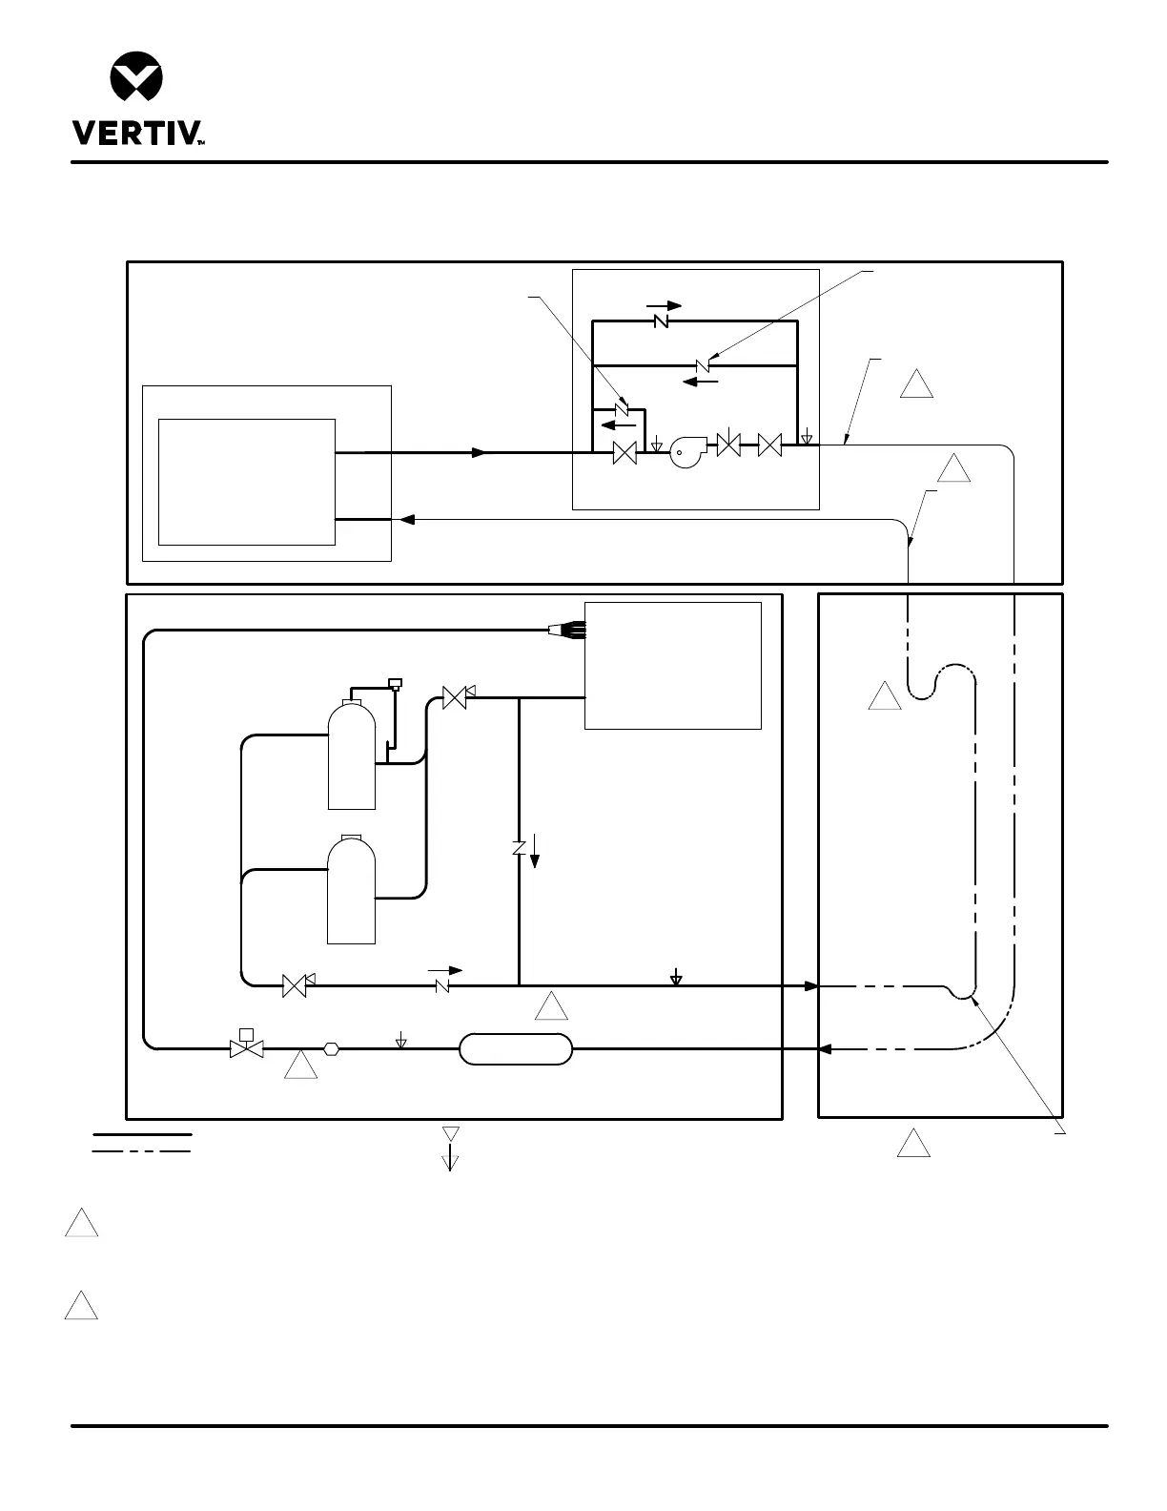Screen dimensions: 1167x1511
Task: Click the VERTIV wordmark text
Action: tap(137, 133)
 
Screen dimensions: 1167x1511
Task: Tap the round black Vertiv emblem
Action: tap(136, 76)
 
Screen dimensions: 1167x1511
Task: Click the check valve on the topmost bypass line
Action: tap(661, 321)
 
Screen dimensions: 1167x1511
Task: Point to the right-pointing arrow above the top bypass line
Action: tap(664, 305)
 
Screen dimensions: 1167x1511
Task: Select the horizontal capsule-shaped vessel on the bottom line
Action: tap(516, 1048)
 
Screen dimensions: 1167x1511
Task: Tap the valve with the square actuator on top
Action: tap(247, 1043)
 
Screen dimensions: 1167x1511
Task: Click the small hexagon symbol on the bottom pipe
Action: tap(332, 1048)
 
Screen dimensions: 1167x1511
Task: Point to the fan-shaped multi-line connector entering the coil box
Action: tap(567, 631)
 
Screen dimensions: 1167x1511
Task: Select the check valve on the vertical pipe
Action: tap(520, 848)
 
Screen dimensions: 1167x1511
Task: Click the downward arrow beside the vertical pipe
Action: tap(535, 851)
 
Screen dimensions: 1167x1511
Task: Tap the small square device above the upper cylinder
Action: tap(395, 683)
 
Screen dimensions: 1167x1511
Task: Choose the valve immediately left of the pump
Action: tap(624, 453)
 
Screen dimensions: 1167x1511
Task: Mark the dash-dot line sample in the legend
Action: tap(141, 1150)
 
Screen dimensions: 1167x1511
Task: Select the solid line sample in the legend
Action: tap(142, 1134)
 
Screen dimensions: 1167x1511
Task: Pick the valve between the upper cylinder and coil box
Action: tap(457, 696)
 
